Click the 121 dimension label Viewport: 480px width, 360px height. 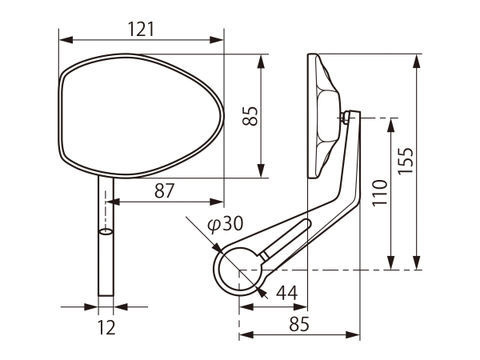[x=141, y=29]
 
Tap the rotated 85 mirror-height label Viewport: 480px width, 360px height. [x=250, y=116]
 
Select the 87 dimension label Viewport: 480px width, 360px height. [x=164, y=191]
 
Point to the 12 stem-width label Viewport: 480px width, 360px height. [x=106, y=327]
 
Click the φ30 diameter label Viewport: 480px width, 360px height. [x=225, y=224]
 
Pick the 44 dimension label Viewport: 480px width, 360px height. [x=287, y=293]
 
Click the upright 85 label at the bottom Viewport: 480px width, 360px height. [x=299, y=324]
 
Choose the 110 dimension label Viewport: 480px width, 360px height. [x=380, y=193]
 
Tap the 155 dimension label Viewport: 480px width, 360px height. [x=406, y=160]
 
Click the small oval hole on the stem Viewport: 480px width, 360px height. [x=106, y=232]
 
